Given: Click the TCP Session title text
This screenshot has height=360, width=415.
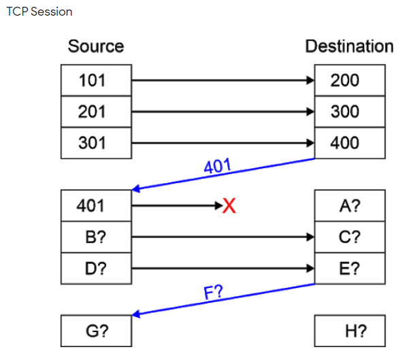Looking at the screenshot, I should point(39,12).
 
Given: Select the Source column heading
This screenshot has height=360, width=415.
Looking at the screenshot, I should point(96,46).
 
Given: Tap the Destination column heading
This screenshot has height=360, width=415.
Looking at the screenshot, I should point(349,46).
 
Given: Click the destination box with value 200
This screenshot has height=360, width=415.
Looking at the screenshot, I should point(350,80).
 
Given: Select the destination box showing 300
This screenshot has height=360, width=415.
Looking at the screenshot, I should point(350,112).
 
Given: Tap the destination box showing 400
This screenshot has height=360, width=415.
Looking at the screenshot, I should point(350,143).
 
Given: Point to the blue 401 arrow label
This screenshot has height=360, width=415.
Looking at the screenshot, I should point(218,165).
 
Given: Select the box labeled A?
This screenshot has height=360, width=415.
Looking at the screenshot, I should point(350,206).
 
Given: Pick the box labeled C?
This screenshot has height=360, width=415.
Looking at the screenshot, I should point(350,237).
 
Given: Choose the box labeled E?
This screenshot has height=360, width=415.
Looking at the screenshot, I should point(350,268).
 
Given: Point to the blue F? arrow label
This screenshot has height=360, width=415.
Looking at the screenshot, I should point(215,293).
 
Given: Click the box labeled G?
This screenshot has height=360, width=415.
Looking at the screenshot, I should point(95,331).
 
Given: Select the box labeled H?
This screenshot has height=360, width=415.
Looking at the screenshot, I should point(350,331).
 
